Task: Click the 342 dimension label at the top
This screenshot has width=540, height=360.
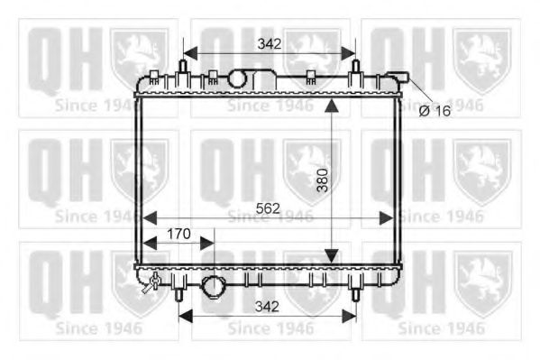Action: [269, 43]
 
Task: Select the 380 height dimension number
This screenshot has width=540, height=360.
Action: [324, 183]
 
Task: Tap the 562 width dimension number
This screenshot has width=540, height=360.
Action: [268, 208]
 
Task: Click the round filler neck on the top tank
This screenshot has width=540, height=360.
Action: [237, 79]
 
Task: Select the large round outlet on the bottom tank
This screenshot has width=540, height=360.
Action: [215, 288]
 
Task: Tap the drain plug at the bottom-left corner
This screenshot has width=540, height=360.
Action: [154, 283]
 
